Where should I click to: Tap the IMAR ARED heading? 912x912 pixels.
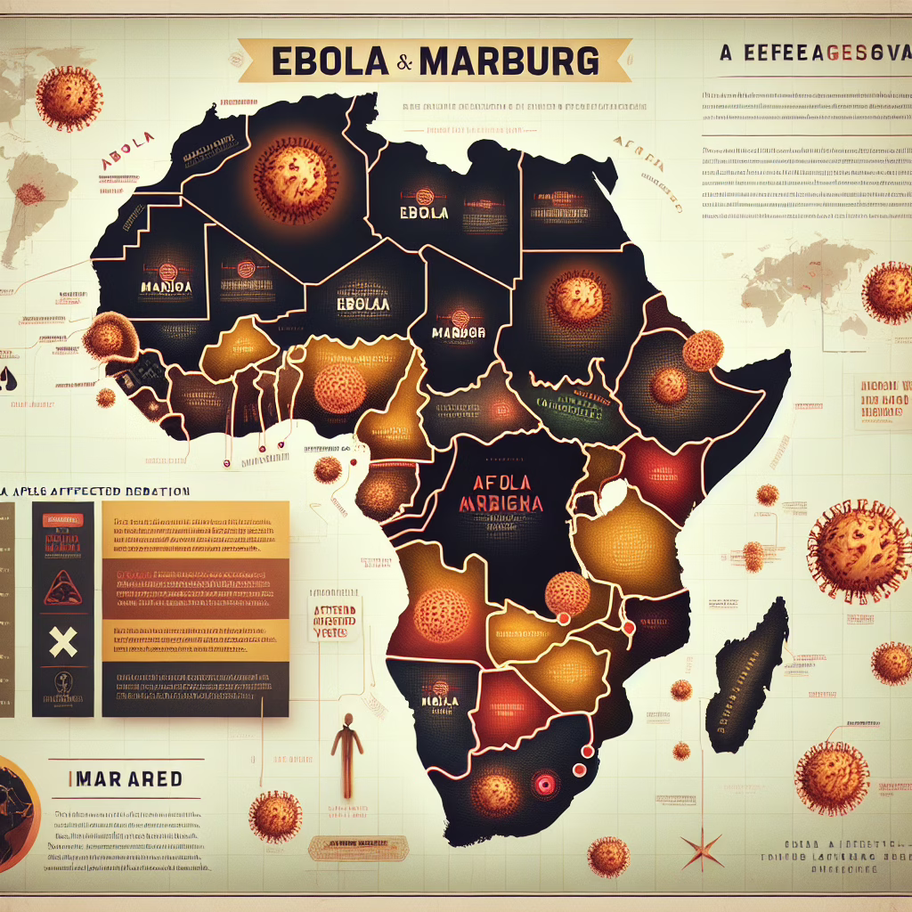coord(125,779)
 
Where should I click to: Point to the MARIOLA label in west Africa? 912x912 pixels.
coord(168,286)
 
